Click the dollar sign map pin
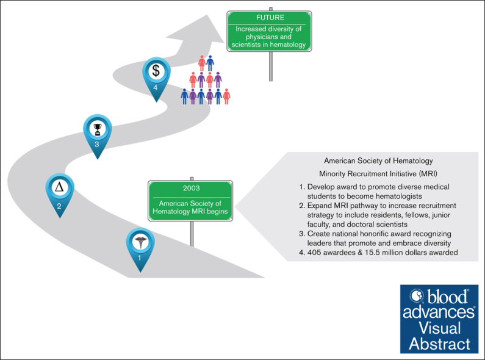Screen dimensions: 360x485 pos(156,72)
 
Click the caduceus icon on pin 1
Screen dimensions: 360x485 pos(140,241)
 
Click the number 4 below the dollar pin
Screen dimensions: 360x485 pos(156,87)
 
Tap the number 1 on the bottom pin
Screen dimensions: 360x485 pos(140,257)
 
